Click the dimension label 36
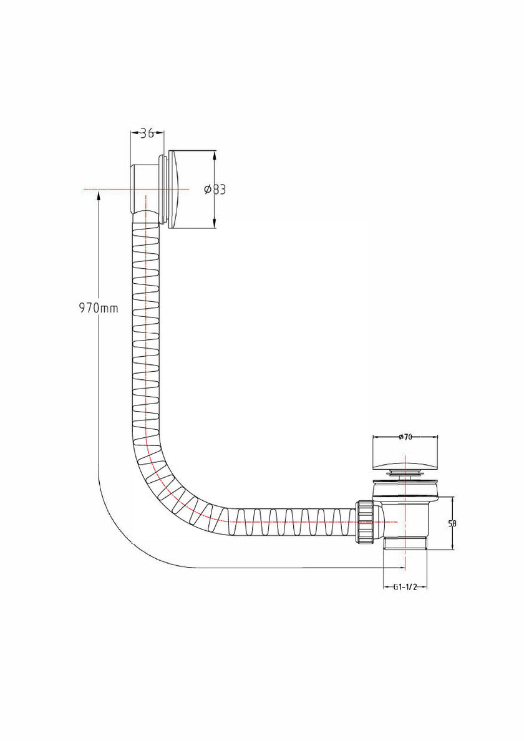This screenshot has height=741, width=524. tap(147, 133)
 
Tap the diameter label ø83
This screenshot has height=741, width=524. tap(215, 190)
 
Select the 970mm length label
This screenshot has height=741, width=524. tap(99, 308)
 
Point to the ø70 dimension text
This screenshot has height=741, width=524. tap(405, 437)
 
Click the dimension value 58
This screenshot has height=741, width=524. tap(452, 523)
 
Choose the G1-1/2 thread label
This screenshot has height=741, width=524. tap(405, 588)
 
